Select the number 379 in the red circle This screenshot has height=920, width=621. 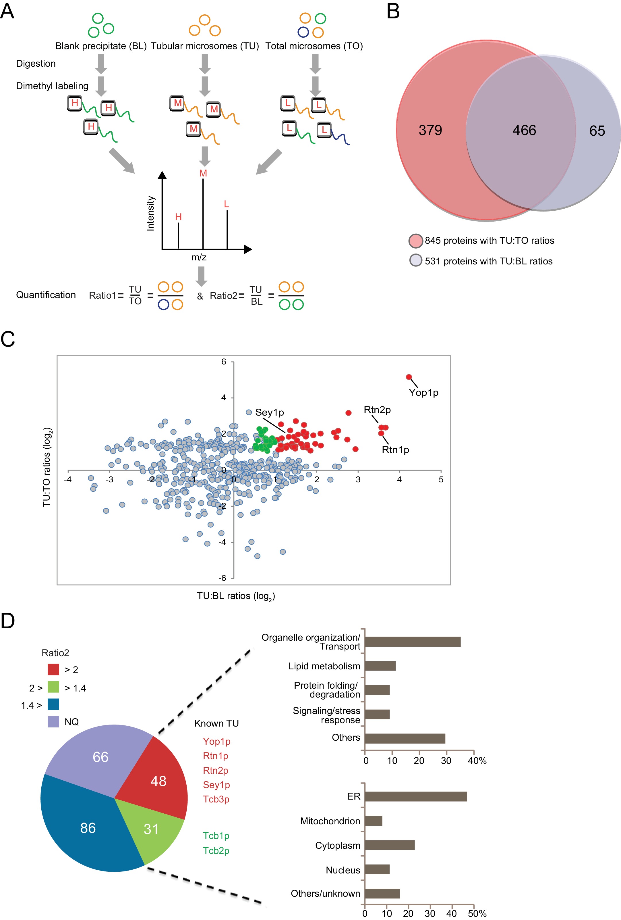coord(430,130)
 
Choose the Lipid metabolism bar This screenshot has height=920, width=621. coord(380,666)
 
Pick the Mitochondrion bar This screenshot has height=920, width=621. coord(374,821)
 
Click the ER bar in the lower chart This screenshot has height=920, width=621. coord(415,796)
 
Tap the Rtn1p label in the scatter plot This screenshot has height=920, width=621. coord(395,450)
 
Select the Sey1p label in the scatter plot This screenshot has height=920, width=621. coord(269,412)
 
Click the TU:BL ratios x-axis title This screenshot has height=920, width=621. coord(236,596)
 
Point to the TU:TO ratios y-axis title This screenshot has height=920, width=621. coord(47,467)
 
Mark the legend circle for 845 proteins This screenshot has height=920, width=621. coord(416,241)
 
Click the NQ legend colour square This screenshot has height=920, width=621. coord(53,722)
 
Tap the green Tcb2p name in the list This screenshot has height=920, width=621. coord(216,850)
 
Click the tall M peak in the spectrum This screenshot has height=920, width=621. coord(203,214)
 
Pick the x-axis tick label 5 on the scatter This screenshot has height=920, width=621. coord(441,479)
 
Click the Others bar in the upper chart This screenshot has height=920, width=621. coord(405,738)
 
